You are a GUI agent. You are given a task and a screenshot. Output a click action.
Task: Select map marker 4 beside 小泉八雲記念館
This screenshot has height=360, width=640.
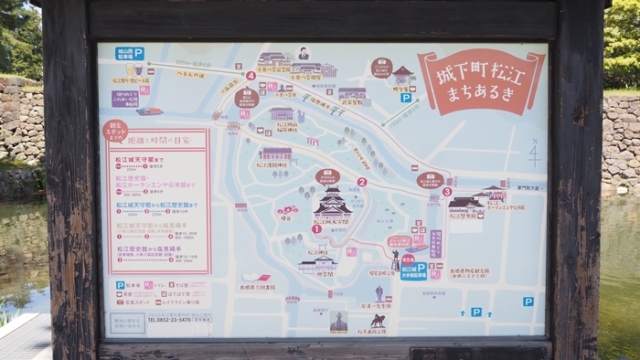[x=251, y=76]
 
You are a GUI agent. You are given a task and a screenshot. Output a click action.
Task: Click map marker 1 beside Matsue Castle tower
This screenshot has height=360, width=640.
[x=316, y=229]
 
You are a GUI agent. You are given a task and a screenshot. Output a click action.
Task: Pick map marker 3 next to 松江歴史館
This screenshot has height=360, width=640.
[x=447, y=192]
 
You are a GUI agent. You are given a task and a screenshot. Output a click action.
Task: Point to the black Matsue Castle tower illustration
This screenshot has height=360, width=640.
[x=333, y=203]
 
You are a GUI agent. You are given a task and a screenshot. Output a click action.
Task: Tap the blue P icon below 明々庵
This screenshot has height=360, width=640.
[x=405, y=98]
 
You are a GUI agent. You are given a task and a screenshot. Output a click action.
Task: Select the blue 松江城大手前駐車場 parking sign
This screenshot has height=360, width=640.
[x=413, y=270]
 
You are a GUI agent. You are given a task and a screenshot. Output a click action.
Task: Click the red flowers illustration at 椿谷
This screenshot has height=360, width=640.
[x=287, y=211]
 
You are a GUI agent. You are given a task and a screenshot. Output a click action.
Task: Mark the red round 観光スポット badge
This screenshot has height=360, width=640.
[x=115, y=131]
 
